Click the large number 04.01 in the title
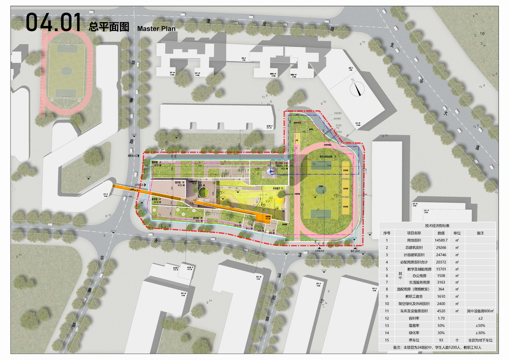click(x=53, y=23)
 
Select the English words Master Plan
click(x=156, y=29)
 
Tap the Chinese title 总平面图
click(x=109, y=27)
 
